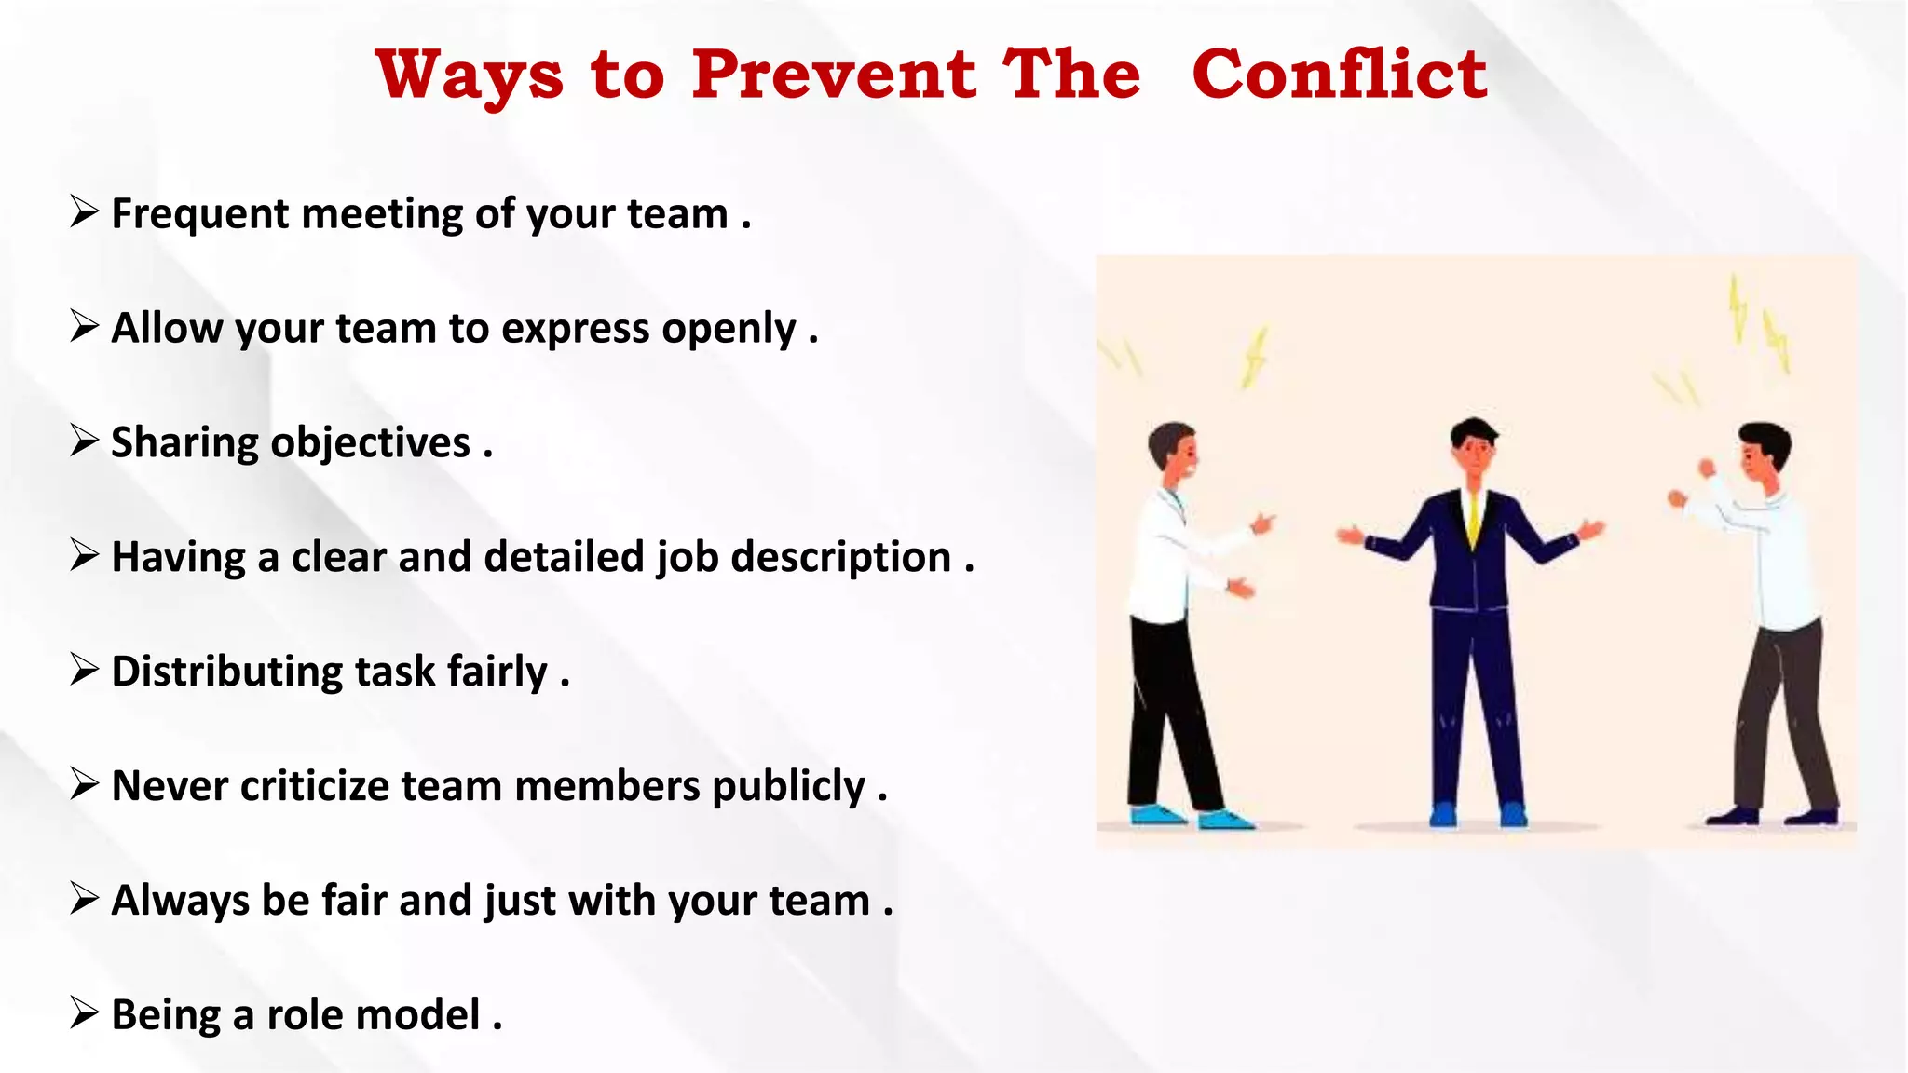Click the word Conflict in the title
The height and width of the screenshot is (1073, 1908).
[x=1340, y=75]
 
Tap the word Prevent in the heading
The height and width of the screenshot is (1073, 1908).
[x=834, y=75]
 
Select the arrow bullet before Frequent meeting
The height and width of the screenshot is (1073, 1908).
[x=84, y=211]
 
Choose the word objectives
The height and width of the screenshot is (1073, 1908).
[x=370, y=443]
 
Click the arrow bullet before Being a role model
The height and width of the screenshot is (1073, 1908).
[x=84, y=1012]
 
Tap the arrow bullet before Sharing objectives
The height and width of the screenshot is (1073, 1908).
[x=84, y=441]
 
